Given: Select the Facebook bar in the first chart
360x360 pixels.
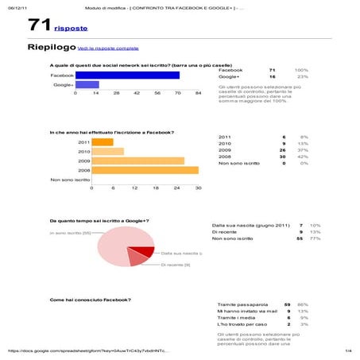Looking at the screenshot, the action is tap(126, 75).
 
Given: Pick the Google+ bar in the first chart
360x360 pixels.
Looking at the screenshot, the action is tap(87, 84).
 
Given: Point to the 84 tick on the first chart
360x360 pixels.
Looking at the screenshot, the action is tap(198, 93).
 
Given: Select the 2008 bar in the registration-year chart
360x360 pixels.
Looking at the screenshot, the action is tap(144, 169).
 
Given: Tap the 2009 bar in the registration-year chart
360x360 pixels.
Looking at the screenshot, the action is tap(137, 160).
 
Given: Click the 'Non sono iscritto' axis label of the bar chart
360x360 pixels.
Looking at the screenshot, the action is tap(70, 180).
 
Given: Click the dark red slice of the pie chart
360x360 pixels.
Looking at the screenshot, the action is tap(145, 253).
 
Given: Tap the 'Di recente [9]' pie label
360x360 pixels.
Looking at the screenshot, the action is tap(176, 264).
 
